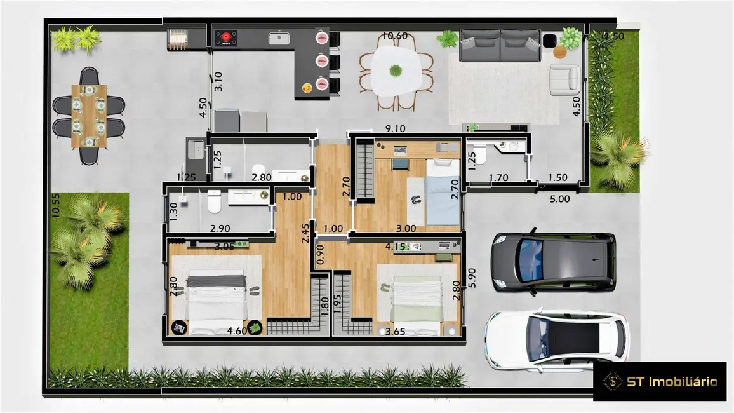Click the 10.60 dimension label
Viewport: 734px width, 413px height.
(x=395, y=36)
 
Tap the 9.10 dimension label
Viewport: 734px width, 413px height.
(x=395, y=128)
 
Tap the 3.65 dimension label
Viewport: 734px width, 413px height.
(x=395, y=330)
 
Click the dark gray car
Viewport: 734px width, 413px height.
(x=554, y=262)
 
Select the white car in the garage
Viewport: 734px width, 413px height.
(x=557, y=339)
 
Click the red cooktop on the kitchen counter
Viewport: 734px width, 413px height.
(x=225, y=38)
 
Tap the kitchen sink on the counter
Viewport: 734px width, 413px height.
(x=279, y=38)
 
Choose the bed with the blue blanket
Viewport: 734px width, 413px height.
(x=440, y=193)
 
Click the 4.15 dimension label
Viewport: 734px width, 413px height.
(x=396, y=245)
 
